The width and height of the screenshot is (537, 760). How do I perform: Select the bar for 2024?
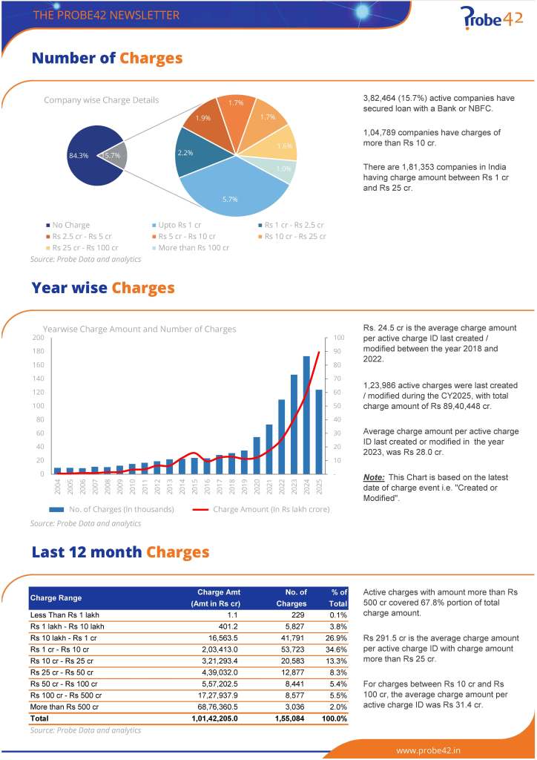click(x=306, y=414)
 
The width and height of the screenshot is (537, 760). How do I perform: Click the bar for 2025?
click(x=319, y=431)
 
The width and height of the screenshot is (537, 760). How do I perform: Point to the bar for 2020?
click(x=257, y=454)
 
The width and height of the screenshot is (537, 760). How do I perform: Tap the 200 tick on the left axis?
click(x=36, y=338)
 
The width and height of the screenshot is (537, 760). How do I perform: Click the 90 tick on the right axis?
click(x=337, y=351)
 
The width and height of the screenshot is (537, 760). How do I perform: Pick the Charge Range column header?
click(x=56, y=597)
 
